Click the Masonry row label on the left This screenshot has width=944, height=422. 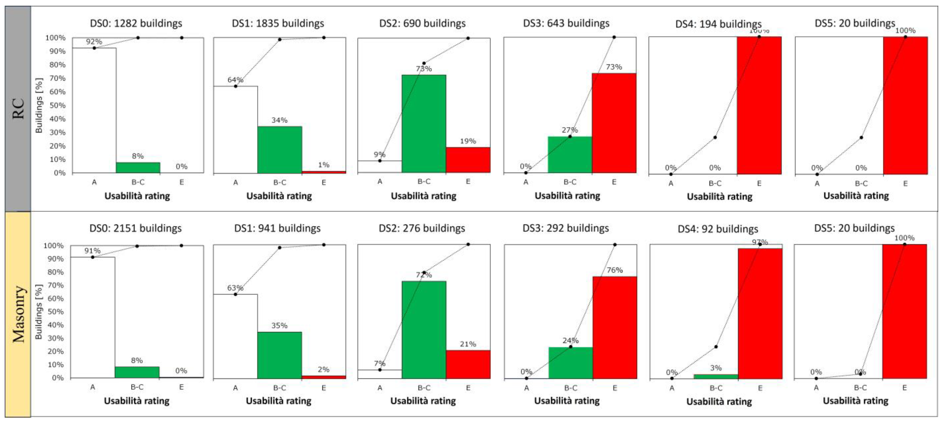[x=18, y=314]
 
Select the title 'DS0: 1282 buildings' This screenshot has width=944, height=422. [x=136, y=23]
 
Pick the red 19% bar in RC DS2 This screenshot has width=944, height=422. [x=468, y=160]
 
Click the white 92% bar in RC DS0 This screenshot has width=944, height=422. [x=94, y=110]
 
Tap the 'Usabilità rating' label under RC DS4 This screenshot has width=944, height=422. [x=719, y=196]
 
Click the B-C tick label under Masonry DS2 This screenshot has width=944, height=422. [x=424, y=388]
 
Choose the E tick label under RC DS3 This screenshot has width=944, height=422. [x=614, y=182]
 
